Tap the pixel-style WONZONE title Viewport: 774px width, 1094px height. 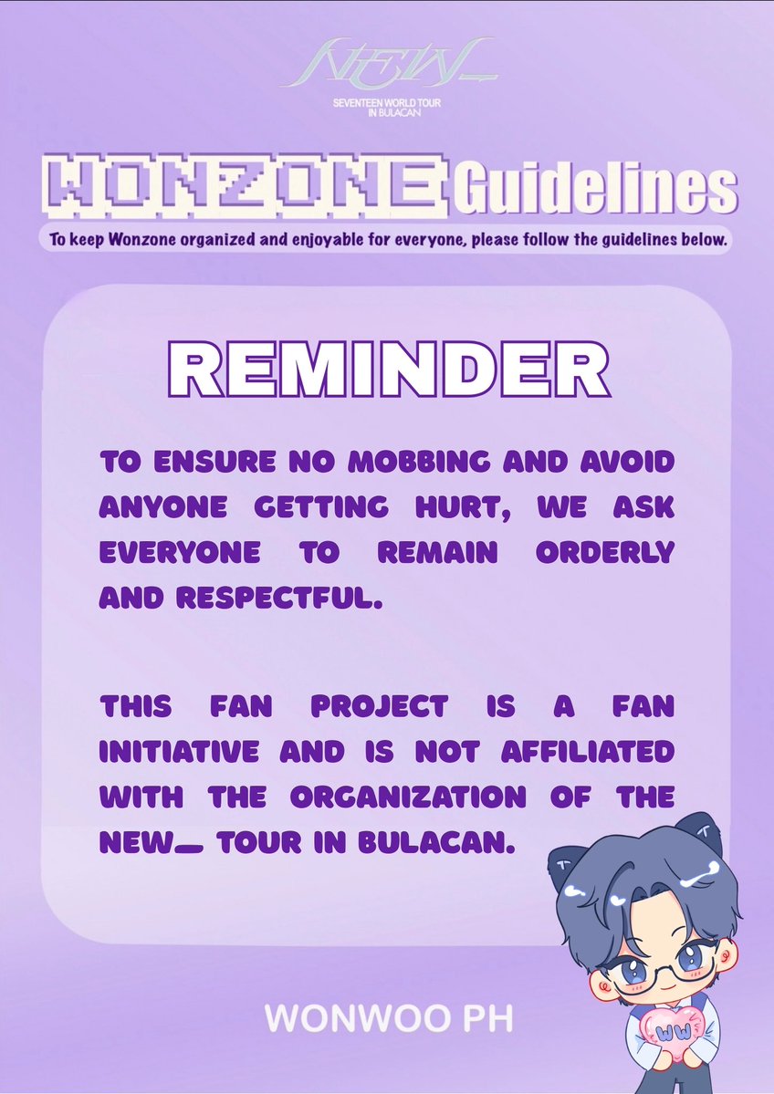point(244,189)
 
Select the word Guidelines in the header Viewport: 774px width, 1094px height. point(594,189)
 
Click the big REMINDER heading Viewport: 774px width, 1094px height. point(387,370)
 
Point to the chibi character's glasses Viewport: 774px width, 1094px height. point(654,958)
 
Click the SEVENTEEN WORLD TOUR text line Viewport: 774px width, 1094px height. point(387,105)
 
